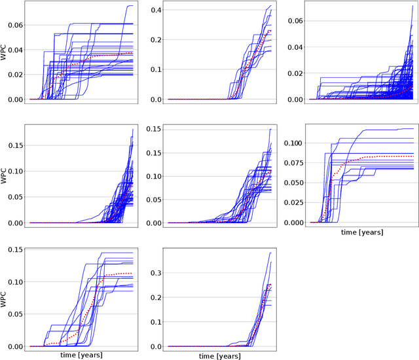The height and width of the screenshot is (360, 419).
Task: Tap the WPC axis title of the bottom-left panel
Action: point(5,298)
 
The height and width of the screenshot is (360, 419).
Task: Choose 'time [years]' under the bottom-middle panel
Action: point(220,355)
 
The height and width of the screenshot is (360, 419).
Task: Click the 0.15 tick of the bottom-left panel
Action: point(13,249)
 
